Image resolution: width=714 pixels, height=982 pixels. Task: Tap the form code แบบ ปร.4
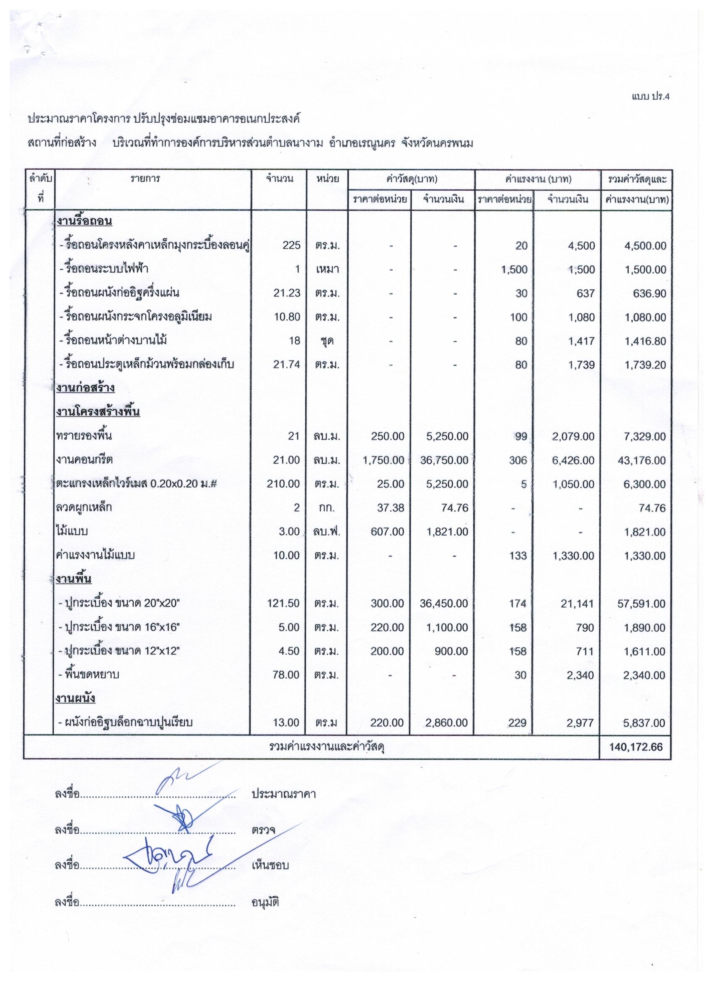click(650, 97)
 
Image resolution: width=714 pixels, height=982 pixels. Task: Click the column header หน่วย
click(327, 179)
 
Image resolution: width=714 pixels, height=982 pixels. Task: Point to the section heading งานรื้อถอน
click(84, 222)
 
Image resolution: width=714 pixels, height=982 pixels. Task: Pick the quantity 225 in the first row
click(291, 245)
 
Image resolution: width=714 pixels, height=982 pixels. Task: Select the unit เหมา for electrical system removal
click(327, 269)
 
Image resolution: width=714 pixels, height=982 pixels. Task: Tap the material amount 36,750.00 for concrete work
click(444, 460)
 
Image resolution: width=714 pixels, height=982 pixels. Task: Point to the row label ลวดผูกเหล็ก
click(84, 507)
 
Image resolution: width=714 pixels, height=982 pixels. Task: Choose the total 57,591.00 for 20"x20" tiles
click(642, 603)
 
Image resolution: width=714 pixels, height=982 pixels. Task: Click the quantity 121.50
click(283, 603)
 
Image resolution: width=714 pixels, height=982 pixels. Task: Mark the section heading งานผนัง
click(76, 698)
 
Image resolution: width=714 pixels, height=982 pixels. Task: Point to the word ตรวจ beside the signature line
click(263, 830)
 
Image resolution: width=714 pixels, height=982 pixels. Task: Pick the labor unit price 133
click(518, 555)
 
